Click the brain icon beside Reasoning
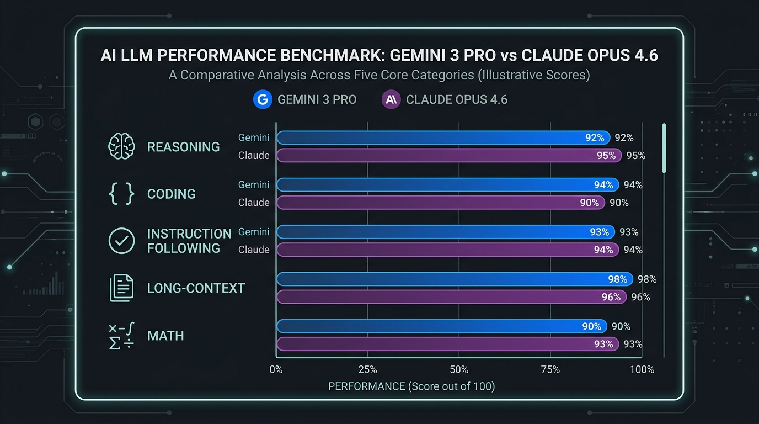pyautogui.click(x=121, y=147)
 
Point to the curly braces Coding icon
pyautogui.click(x=121, y=194)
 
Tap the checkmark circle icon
pyautogui.click(x=121, y=241)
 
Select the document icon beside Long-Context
pyautogui.click(x=121, y=288)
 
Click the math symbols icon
pyautogui.click(x=121, y=336)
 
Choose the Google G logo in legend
pyautogui.click(x=263, y=99)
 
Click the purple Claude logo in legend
pyautogui.click(x=391, y=99)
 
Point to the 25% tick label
pyautogui.click(x=367, y=369)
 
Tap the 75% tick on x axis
pyautogui.click(x=550, y=369)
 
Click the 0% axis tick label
pyautogui.click(x=276, y=369)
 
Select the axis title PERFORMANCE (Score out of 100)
pyautogui.click(x=411, y=386)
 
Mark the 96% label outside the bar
pyautogui.click(x=640, y=297)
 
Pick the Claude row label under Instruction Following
pyautogui.click(x=254, y=250)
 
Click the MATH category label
pyautogui.click(x=165, y=336)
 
